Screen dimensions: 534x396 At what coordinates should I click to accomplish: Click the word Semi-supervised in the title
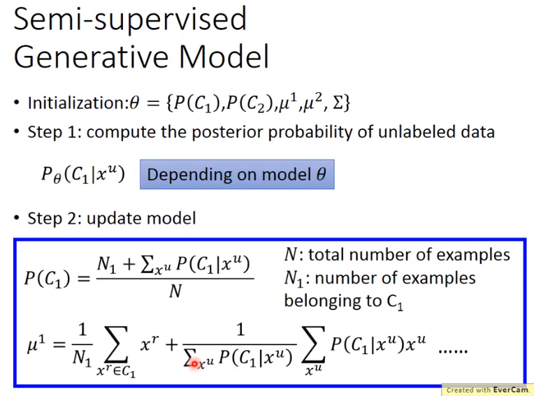click(x=130, y=20)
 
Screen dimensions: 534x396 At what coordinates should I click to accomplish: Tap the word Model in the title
click(x=224, y=57)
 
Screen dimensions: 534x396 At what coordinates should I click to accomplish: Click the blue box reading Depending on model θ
click(x=237, y=174)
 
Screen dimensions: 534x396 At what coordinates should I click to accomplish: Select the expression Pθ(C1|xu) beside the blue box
click(x=83, y=175)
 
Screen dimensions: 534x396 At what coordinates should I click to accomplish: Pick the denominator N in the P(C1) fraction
click(x=175, y=291)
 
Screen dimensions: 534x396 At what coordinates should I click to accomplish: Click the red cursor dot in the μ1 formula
click(x=194, y=364)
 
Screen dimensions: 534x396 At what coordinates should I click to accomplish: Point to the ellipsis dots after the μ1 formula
click(x=453, y=351)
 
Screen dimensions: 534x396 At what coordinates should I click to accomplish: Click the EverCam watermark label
click(x=488, y=390)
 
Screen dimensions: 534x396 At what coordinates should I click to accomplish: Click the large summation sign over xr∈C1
click(x=117, y=344)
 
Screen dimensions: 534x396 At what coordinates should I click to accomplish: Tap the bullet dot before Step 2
click(x=17, y=219)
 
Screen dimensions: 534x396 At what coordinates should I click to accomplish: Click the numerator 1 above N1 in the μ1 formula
click(x=82, y=330)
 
